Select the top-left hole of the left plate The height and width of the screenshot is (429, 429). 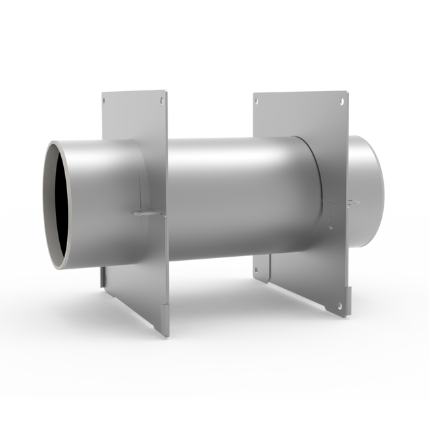(x=105, y=101)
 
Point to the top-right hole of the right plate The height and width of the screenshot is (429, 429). (x=341, y=102)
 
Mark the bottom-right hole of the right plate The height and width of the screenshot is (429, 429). (x=340, y=305)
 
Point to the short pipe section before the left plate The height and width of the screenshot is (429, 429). (x=100, y=200)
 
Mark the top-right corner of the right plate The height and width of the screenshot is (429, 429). (x=347, y=93)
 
